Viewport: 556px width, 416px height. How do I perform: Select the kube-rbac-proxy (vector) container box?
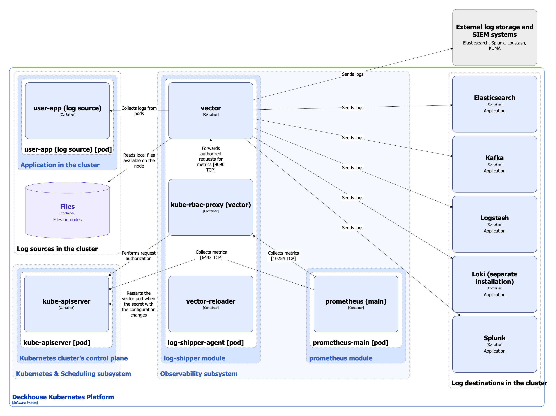click(211, 221)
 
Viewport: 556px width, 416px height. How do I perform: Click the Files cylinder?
click(67, 214)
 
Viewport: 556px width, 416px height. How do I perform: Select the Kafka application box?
click(494, 176)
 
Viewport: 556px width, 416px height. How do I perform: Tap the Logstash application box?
click(494, 237)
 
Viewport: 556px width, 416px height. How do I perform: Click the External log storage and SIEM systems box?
click(494, 38)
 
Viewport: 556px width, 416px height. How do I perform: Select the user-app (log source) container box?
click(67, 123)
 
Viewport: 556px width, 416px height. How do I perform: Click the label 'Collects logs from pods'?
click(139, 111)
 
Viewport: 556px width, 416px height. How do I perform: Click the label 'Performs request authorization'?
click(138, 256)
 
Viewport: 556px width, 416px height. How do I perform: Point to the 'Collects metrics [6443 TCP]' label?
click(211, 255)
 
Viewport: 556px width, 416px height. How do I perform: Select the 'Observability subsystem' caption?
click(199, 374)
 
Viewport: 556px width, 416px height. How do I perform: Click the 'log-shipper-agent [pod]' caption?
click(206, 342)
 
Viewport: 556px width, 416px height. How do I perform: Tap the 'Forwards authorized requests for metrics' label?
click(211, 159)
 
